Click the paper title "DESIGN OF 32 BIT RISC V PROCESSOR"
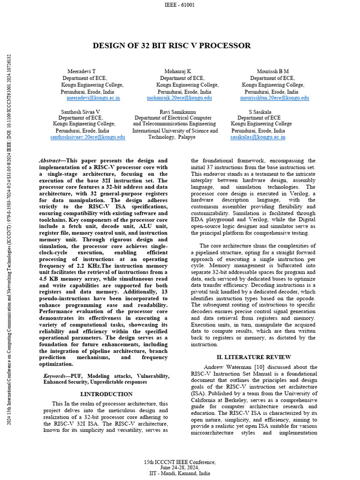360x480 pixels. (x=172, y=45)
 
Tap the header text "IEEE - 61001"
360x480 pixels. (x=180, y=5)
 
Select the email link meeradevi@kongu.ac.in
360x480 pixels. (x=93, y=98)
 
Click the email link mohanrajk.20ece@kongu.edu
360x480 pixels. (x=179, y=98)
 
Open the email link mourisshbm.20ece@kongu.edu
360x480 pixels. (x=275, y=98)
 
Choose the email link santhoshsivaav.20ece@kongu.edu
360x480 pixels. (x=88, y=137)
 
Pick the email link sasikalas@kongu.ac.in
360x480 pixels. (x=258, y=137)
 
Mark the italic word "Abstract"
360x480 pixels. (x=49, y=161)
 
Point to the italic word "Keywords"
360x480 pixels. (x=54, y=376)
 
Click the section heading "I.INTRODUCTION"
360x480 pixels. (x=106, y=394)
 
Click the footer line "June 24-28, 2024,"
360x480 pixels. (x=180, y=467)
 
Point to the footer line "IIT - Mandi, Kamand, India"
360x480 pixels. (x=180, y=473)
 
